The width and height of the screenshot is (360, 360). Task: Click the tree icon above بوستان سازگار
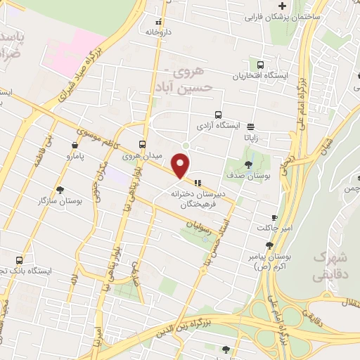(60, 190)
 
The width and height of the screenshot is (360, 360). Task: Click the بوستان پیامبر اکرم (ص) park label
(269, 262)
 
